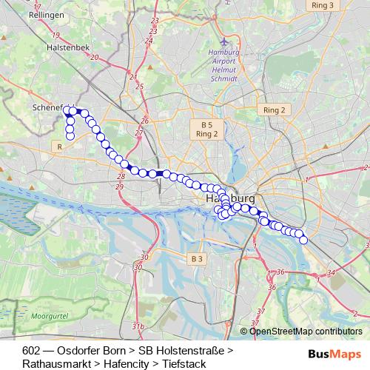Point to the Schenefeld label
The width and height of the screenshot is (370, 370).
tap(49, 107)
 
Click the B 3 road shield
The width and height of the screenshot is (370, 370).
tap(195, 258)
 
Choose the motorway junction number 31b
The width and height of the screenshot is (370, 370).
tap(138, 326)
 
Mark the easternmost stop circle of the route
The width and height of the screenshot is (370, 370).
tap(303, 240)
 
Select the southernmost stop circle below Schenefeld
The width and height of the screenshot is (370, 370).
tap(70, 136)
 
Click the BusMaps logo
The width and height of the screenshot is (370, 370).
tap(334, 352)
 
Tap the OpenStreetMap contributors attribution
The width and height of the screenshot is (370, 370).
tap(306, 332)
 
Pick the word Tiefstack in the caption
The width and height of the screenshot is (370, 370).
tap(184, 363)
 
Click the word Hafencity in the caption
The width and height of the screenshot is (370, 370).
tap(123, 363)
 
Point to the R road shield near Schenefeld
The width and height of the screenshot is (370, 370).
tap(58, 147)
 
